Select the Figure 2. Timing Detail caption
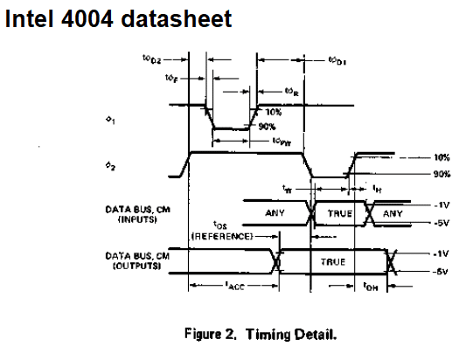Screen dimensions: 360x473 pyautogui.click(x=260, y=335)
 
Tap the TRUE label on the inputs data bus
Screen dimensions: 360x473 pyautogui.click(x=339, y=212)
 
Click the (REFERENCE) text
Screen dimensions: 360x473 pyautogui.click(x=222, y=236)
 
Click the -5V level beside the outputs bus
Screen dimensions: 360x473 pyautogui.click(x=440, y=272)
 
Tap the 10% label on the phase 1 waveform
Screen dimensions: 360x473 pyautogui.click(x=274, y=113)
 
